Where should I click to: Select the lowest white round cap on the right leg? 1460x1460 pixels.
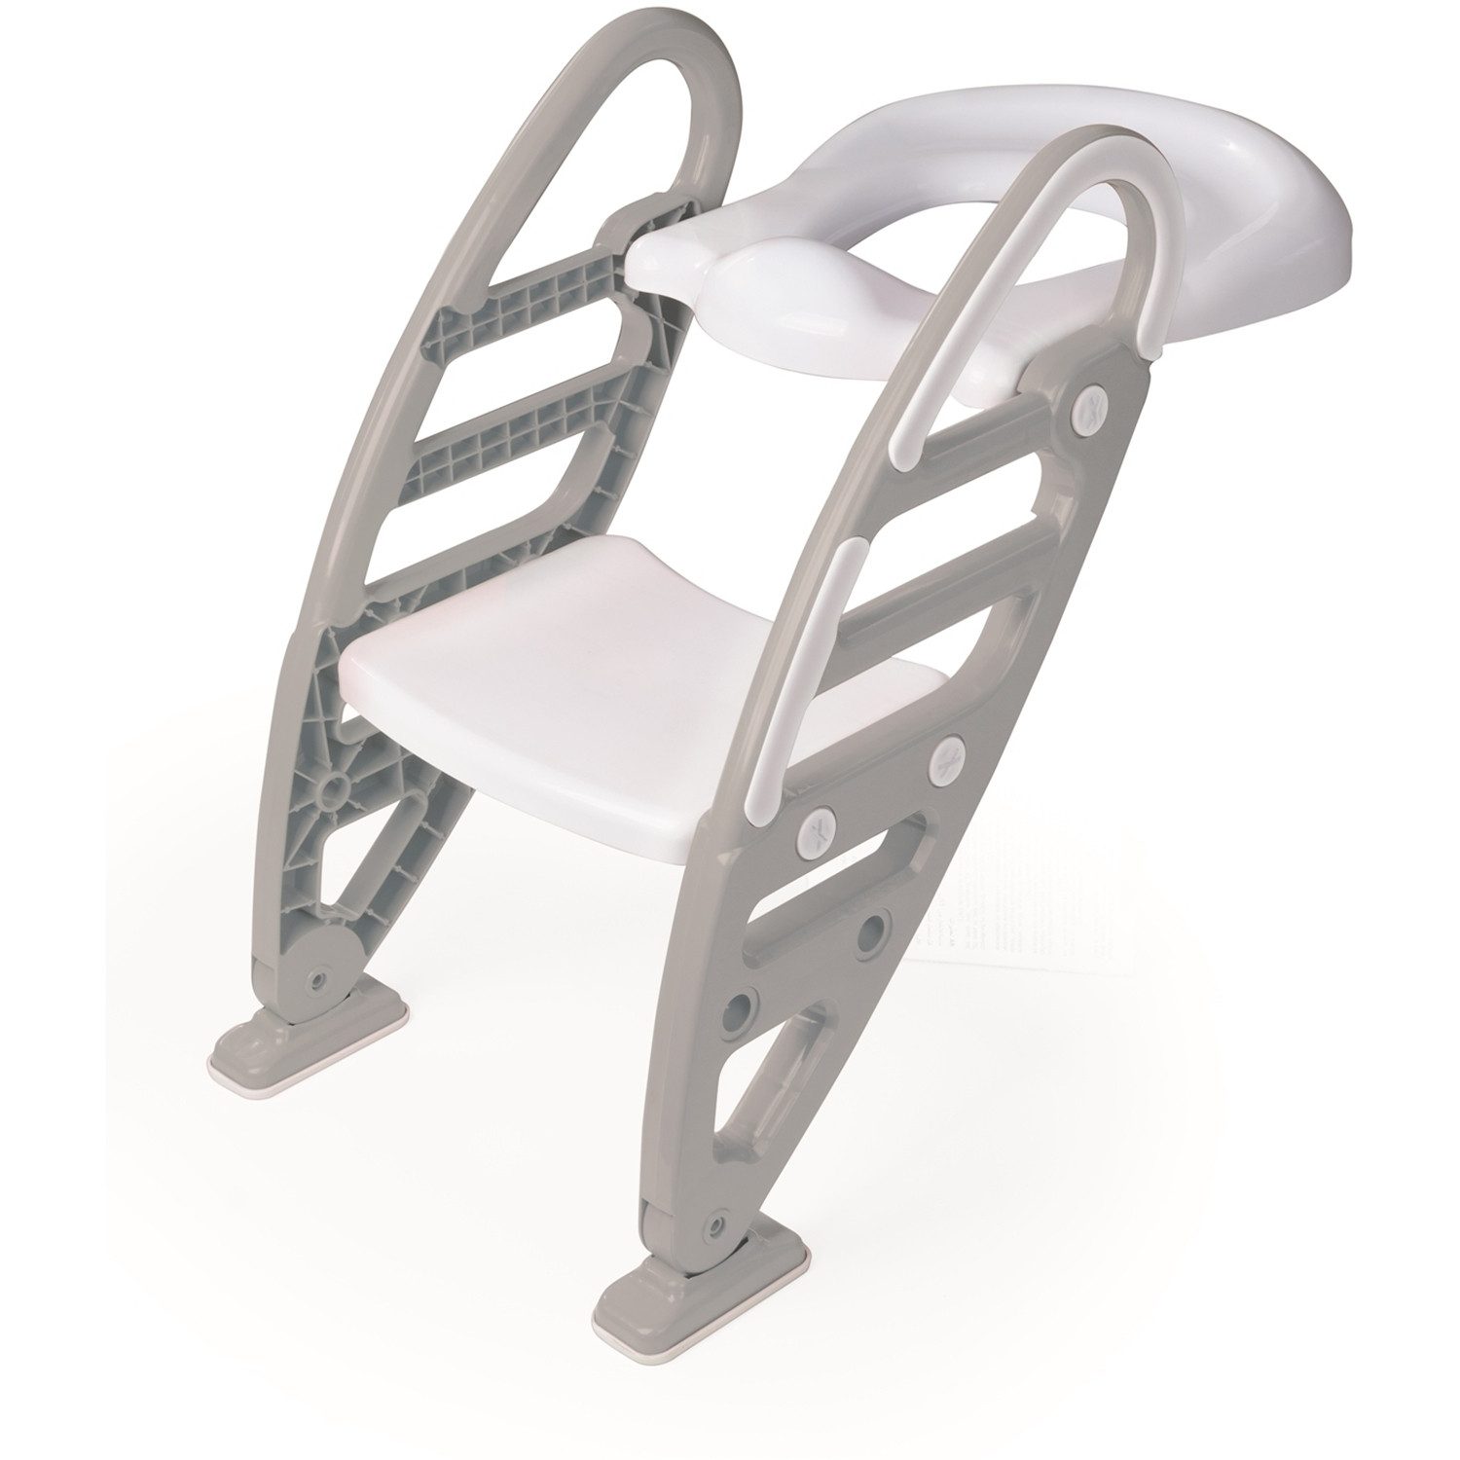point(815,832)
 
